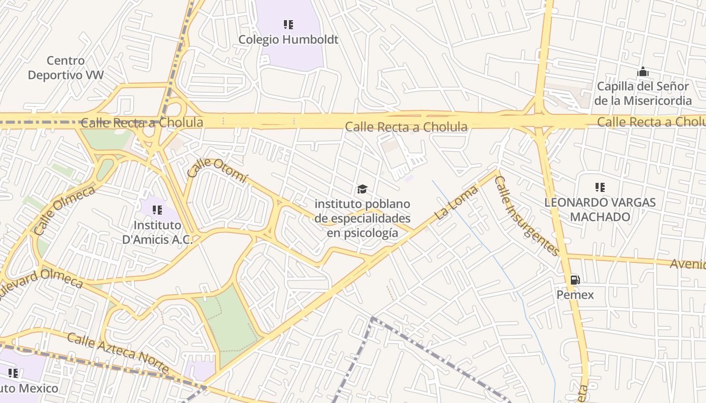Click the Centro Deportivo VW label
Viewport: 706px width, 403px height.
(66, 68)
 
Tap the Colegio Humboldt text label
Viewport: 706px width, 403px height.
(288, 39)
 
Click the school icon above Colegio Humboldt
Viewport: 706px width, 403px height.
(288, 24)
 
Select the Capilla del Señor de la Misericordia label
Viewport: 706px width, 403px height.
(642, 93)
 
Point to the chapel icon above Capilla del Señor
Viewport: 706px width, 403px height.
(642, 72)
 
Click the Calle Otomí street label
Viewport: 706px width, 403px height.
(217, 169)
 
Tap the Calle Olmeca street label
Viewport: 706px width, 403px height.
(64, 211)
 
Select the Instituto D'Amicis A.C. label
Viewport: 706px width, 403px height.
(157, 232)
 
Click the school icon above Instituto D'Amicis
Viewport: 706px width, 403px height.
(157, 210)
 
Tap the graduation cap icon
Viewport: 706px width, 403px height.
(362, 189)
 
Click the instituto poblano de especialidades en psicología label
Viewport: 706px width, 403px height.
(362, 219)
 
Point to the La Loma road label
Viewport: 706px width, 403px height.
(456, 202)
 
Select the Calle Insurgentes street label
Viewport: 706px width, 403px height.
(526, 215)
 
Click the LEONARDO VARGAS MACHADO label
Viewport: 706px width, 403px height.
(600, 210)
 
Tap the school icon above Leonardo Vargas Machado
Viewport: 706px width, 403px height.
(600, 188)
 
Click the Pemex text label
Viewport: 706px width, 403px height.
(575, 295)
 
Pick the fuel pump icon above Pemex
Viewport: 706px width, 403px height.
(575, 280)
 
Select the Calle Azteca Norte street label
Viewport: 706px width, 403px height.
(118, 353)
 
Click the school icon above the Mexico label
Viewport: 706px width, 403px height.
(13, 373)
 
